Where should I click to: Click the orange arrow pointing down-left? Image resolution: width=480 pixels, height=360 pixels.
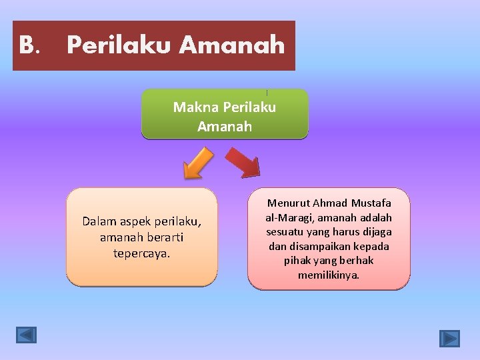click(x=197, y=164)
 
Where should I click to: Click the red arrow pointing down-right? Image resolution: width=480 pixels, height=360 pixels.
click(x=243, y=162)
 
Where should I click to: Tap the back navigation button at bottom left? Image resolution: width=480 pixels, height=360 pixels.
click(x=27, y=335)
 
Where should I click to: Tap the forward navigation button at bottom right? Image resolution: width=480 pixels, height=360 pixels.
click(x=449, y=339)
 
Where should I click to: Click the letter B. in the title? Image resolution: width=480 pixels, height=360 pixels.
click(x=29, y=45)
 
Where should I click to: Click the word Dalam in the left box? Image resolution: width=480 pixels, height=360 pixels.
click(x=99, y=221)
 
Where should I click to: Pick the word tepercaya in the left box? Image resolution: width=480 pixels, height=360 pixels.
click(x=142, y=253)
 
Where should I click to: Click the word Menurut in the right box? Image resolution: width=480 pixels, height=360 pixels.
click(x=288, y=203)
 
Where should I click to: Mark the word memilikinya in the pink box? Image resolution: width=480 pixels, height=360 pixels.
click(x=329, y=275)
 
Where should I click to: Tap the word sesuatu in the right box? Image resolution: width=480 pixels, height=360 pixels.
click(x=287, y=232)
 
